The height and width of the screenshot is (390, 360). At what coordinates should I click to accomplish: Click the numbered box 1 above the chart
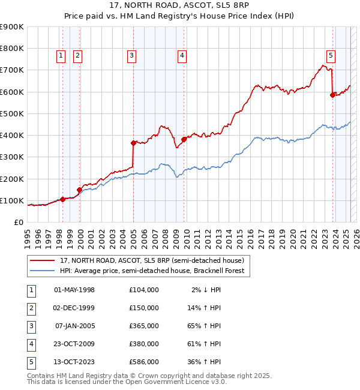click(61, 56)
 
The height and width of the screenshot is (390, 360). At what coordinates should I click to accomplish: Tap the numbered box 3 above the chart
click(131, 56)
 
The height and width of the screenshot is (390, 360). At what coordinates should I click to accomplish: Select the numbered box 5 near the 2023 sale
click(331, 56)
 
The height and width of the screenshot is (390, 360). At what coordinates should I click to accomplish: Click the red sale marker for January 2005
click(133, 143)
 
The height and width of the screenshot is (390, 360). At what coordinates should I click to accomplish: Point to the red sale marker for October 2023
click(332, 95)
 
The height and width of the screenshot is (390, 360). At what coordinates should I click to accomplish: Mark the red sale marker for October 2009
click(184, 139)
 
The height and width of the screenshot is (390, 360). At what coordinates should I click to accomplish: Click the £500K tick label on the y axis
click(11, 113)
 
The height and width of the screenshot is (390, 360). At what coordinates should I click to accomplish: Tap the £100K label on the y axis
click(11, 200)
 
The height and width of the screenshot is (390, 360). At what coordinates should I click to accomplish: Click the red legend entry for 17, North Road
click(151, 260)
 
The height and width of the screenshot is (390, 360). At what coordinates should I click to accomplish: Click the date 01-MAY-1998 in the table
click(74, 290)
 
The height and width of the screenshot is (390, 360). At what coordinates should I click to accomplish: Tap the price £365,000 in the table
click(144, 326)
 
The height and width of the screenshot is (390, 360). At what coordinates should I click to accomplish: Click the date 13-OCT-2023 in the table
click(74, 362)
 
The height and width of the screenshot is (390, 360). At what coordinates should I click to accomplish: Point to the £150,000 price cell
click(144, 308)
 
